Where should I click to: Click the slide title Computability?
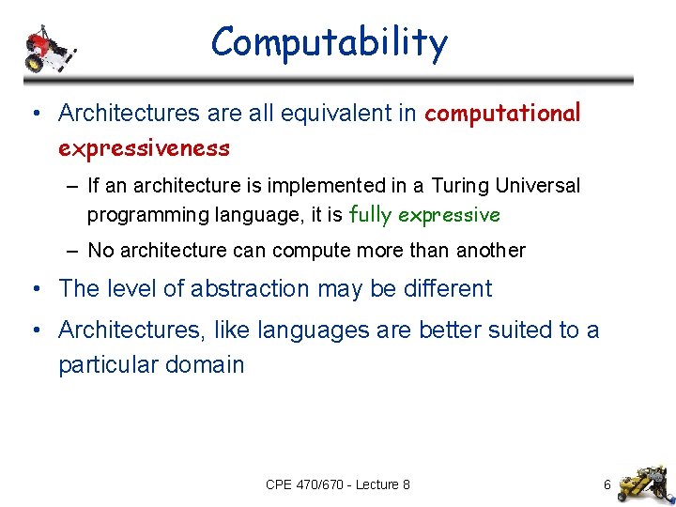tap(330, 43)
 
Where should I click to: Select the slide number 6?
tap(607, 484)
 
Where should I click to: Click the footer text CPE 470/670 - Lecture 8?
tap(337, 484)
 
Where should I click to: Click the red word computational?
tap(503, 114)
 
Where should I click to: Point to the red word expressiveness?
tap(144, 148)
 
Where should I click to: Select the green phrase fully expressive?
tap(424, 215)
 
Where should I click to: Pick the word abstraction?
tap(251, 289)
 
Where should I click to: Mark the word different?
tap(447, 289)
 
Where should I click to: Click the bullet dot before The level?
tap(35, 289)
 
